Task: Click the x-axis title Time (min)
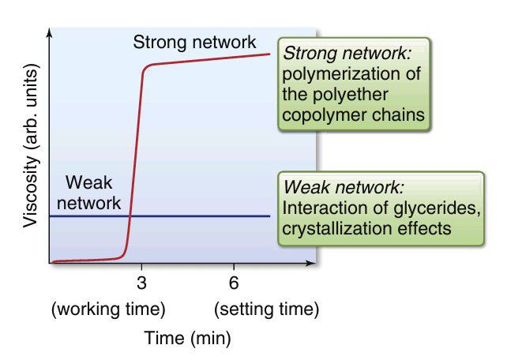(187, 339)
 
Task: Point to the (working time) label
(107, 308)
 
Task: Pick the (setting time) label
(266, 308)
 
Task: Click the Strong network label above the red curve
(194, 42)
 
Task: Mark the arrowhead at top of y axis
(50, 32)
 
